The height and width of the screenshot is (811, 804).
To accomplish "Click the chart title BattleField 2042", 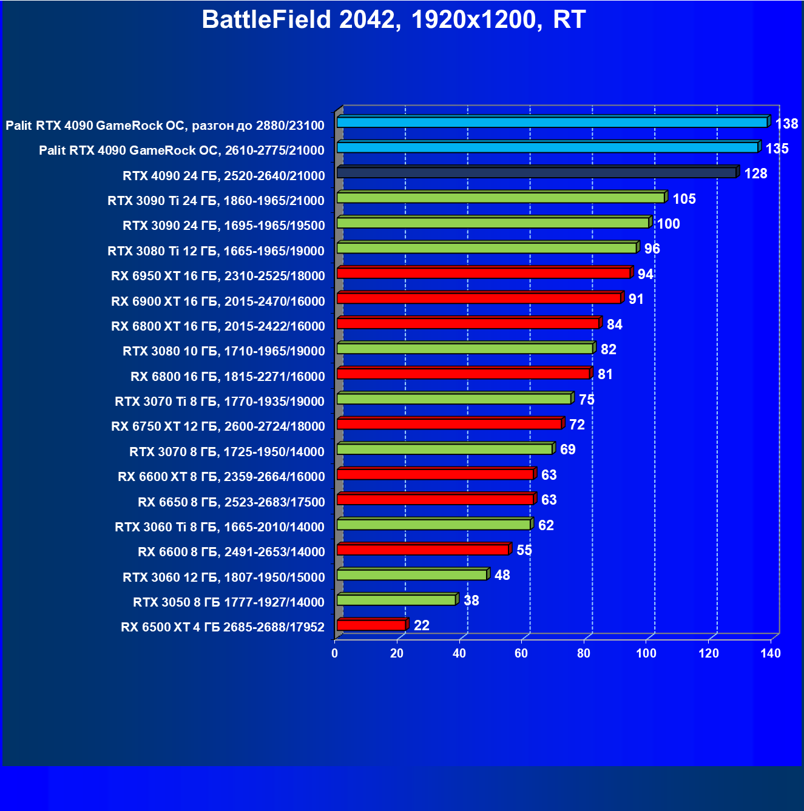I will point(393,20).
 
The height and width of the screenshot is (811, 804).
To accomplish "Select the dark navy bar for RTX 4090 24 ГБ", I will point(536,173).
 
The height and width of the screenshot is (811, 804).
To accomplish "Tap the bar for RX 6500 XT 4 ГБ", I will point(371,625).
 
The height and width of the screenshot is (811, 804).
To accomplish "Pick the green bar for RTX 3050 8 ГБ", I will point(396,600).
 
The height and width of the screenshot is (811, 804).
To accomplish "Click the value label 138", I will point(786,124).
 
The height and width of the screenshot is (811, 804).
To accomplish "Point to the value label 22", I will point(422,625).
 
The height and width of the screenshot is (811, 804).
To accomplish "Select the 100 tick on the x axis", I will point(646,653).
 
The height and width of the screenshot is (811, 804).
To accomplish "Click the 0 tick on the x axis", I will point(335,653).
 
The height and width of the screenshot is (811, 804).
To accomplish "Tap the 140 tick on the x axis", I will point(771,653).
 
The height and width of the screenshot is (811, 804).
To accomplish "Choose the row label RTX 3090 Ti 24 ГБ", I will point(216,201).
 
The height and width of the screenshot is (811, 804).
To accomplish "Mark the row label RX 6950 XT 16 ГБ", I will point(218,276).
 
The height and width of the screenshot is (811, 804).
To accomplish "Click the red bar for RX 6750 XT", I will point(450,424).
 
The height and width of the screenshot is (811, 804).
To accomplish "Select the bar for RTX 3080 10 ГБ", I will point(465,349).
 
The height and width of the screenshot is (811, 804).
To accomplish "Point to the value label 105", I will point(684,199).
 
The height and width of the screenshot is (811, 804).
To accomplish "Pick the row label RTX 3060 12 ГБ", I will point(223,577).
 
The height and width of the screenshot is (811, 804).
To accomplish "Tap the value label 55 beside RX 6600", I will point(524,550).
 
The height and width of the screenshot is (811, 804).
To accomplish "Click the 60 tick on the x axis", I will point(521,653).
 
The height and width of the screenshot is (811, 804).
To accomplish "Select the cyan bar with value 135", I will point(547,147).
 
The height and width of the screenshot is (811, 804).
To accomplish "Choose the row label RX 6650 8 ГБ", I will point(231,502).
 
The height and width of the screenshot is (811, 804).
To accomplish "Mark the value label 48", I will point(502,575).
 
